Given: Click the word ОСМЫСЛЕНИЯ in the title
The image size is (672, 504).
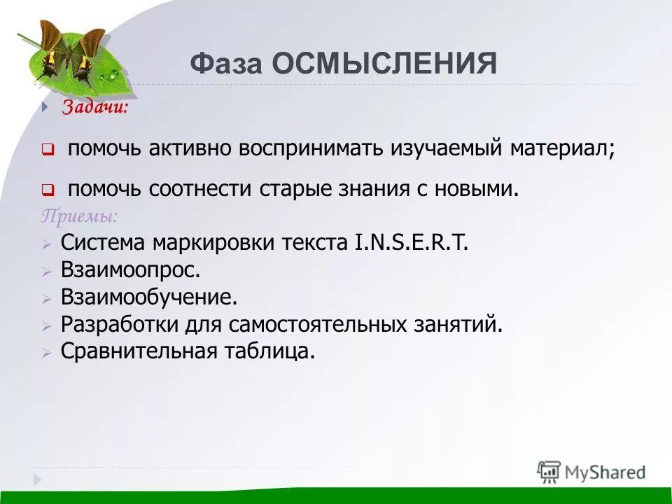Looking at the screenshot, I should (384, 64).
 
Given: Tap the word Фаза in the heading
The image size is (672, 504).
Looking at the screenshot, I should (226, 64).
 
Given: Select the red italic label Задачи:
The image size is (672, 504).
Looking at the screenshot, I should (95, 107).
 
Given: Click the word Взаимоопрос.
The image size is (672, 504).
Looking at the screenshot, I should (130, 269).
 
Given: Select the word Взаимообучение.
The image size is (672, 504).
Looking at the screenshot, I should (149, 297).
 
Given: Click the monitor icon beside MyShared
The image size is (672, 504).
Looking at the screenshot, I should (549, 471).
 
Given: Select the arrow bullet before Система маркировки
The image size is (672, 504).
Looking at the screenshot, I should (46, 244).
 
